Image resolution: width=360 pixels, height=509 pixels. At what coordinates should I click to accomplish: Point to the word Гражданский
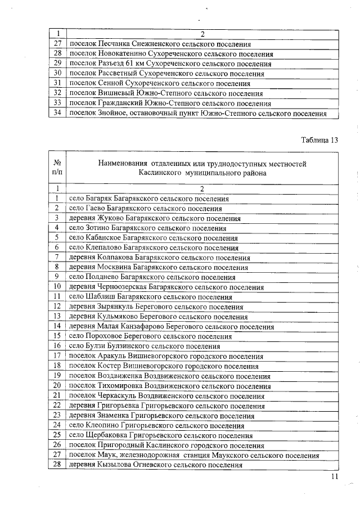click(120, 103)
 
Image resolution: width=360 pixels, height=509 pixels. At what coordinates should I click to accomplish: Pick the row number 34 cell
click(57, 113)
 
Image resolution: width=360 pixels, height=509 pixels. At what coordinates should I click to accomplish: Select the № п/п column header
click(57, 169)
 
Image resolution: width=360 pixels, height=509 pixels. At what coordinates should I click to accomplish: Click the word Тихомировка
click(120, 386)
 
